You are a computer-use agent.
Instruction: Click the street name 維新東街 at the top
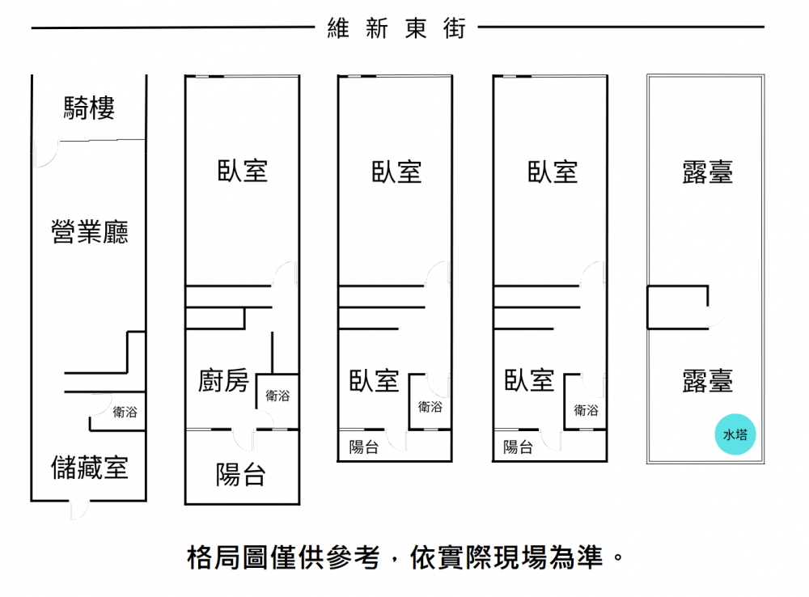tap(396, 28)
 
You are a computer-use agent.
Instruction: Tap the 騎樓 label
tap(89, 108)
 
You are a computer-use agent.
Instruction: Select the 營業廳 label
tap(89, 231)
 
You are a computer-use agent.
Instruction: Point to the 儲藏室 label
tap(89, 468)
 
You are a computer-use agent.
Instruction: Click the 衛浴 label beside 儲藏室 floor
tap(125, 412)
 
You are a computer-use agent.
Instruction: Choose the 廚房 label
tap(223, 381)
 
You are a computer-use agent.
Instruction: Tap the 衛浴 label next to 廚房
tap(277, 396)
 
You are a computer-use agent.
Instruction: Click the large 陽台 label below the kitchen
tap(241, 475)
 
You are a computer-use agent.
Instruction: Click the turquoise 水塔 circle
tap(735, 434)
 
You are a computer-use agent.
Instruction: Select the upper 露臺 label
tap(707, 171)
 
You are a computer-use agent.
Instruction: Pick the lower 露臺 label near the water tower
tap(707, 381)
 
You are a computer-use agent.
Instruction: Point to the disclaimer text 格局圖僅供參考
tap(283, 558)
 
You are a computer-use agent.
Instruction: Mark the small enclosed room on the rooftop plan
tap(677, 307)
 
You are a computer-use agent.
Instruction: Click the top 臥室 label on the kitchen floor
tap(243, 171)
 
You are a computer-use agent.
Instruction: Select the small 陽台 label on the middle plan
tap(364, 447)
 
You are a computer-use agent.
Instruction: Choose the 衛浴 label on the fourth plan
tap(586, 410)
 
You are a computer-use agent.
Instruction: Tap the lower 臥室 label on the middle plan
tap(374, 381)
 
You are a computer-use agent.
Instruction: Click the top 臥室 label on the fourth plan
tap(553, 171)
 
